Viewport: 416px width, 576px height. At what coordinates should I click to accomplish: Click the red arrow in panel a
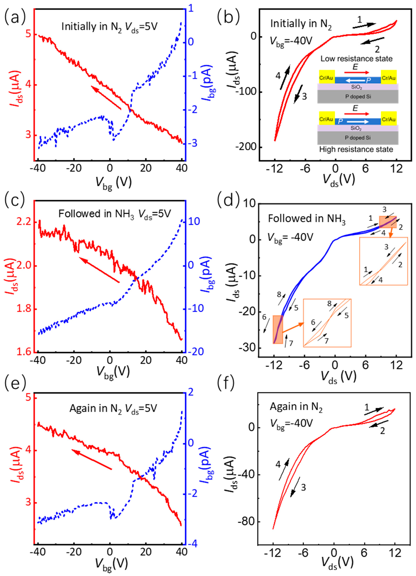106,98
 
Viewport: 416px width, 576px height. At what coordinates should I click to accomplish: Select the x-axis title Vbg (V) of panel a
113,183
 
